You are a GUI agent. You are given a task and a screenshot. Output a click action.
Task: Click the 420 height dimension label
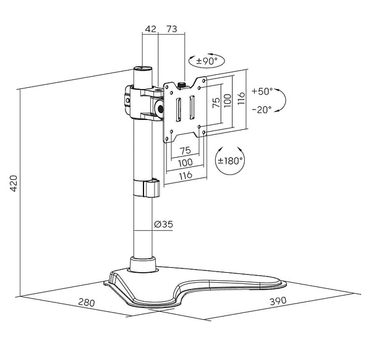(x=14, y=184)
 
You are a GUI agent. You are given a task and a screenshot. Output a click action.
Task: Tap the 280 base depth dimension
(x=87, y=302)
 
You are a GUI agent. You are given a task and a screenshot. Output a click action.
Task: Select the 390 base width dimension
(x=278, y=301)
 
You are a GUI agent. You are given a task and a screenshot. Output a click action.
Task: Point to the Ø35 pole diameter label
(x=163, y=224)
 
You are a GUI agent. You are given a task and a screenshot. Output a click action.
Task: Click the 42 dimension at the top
(x=151, y=29)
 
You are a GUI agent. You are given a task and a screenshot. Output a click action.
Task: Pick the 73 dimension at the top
(x=172, y=29)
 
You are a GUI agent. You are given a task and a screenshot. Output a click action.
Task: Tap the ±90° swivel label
(x=207, y=61)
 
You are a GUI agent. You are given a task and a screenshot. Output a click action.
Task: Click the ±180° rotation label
(x=230, y=161)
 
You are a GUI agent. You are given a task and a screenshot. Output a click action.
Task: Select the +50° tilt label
(x=262, y=91)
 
